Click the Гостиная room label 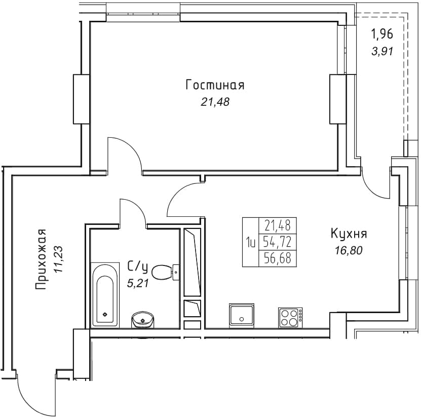pyautogui.click(x=215, y=85)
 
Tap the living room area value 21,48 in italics pyautogui.click(x=215, y=102)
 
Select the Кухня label pyautogui.click(x=349, y=234)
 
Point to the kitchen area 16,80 pyautogui.click(x=349, y=251)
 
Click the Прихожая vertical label pyautogui.click(x=41, y=259)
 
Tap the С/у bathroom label pyautogui.click(x=137, y=267)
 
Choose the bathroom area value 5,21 pyautogui.click(x=137, y=283)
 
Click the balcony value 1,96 pyautogui.click(x=382, y=34)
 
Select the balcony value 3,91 pyautogui.click(x=382, y=51)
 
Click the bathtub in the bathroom pyautogui.click(x=105, y=295)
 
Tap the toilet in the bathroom pyautogui.click(x=165, y=272)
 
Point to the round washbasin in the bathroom pyautogui.click(x=143, y=320)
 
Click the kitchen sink pyautogui.click(x=241, y=316)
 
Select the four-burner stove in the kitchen pyautogui.click(x=290, y=318)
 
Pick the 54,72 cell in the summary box pyautogui.click(x=277, y=242)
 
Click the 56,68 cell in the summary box pyautogui.click(x=277, y=258)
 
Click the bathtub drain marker pyautogui.click(x=105, y=315)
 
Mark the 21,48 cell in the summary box pyautogui.click(x=277, y=225)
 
